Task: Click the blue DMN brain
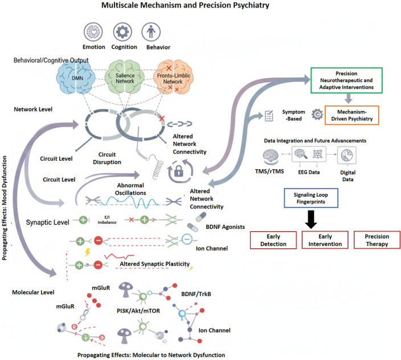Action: coord(76,77)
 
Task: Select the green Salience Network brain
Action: coord(125,77)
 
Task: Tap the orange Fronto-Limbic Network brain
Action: coord(173,77)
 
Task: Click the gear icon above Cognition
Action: coord(123,32)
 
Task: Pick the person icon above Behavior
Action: coord(151,32)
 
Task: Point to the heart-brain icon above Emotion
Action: coord(93,32)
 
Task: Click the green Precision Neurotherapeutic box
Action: coord(346,80)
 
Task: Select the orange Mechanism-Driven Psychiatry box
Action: coord(351,115)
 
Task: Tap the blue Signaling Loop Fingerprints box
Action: coord(311,198)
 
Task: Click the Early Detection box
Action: coord(273,240)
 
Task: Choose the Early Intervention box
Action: coord(325,240)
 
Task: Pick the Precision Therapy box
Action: coord(377,240)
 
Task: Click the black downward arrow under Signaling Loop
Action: coord(311,219)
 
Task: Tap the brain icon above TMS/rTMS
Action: coord(271,156)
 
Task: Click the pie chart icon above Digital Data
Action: coord(347,155)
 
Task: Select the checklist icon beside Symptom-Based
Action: coord(269,116)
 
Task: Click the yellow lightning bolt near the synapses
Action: coord(88,252)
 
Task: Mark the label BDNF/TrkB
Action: coord(196,294)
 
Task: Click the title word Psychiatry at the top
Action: coord(247,5)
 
